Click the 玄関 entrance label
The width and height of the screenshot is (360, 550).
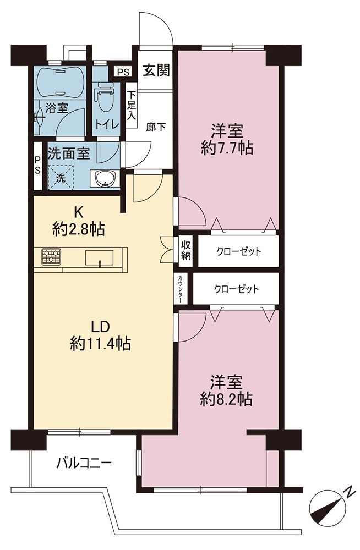click(156, 70)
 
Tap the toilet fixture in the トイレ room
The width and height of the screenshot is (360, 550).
click(105, 96)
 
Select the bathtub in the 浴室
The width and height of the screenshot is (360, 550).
click(60, 81)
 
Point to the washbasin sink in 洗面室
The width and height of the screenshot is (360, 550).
click(105, 178)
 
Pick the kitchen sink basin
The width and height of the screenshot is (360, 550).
click(100, 258)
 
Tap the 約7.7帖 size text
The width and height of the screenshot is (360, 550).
click(227, 148)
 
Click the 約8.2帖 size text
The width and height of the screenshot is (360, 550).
click(226, 399)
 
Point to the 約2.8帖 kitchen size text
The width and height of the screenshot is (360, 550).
click(79, 230)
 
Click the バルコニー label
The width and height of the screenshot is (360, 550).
click(84, 463)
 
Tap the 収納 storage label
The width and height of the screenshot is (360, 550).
click(186, 250)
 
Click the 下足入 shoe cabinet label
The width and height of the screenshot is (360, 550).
click(132, 105)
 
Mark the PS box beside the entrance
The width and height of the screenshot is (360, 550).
click(123, 72)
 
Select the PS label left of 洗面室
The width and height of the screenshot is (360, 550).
click(37, 165)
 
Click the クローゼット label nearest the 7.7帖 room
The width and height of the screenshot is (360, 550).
click(239, 251)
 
